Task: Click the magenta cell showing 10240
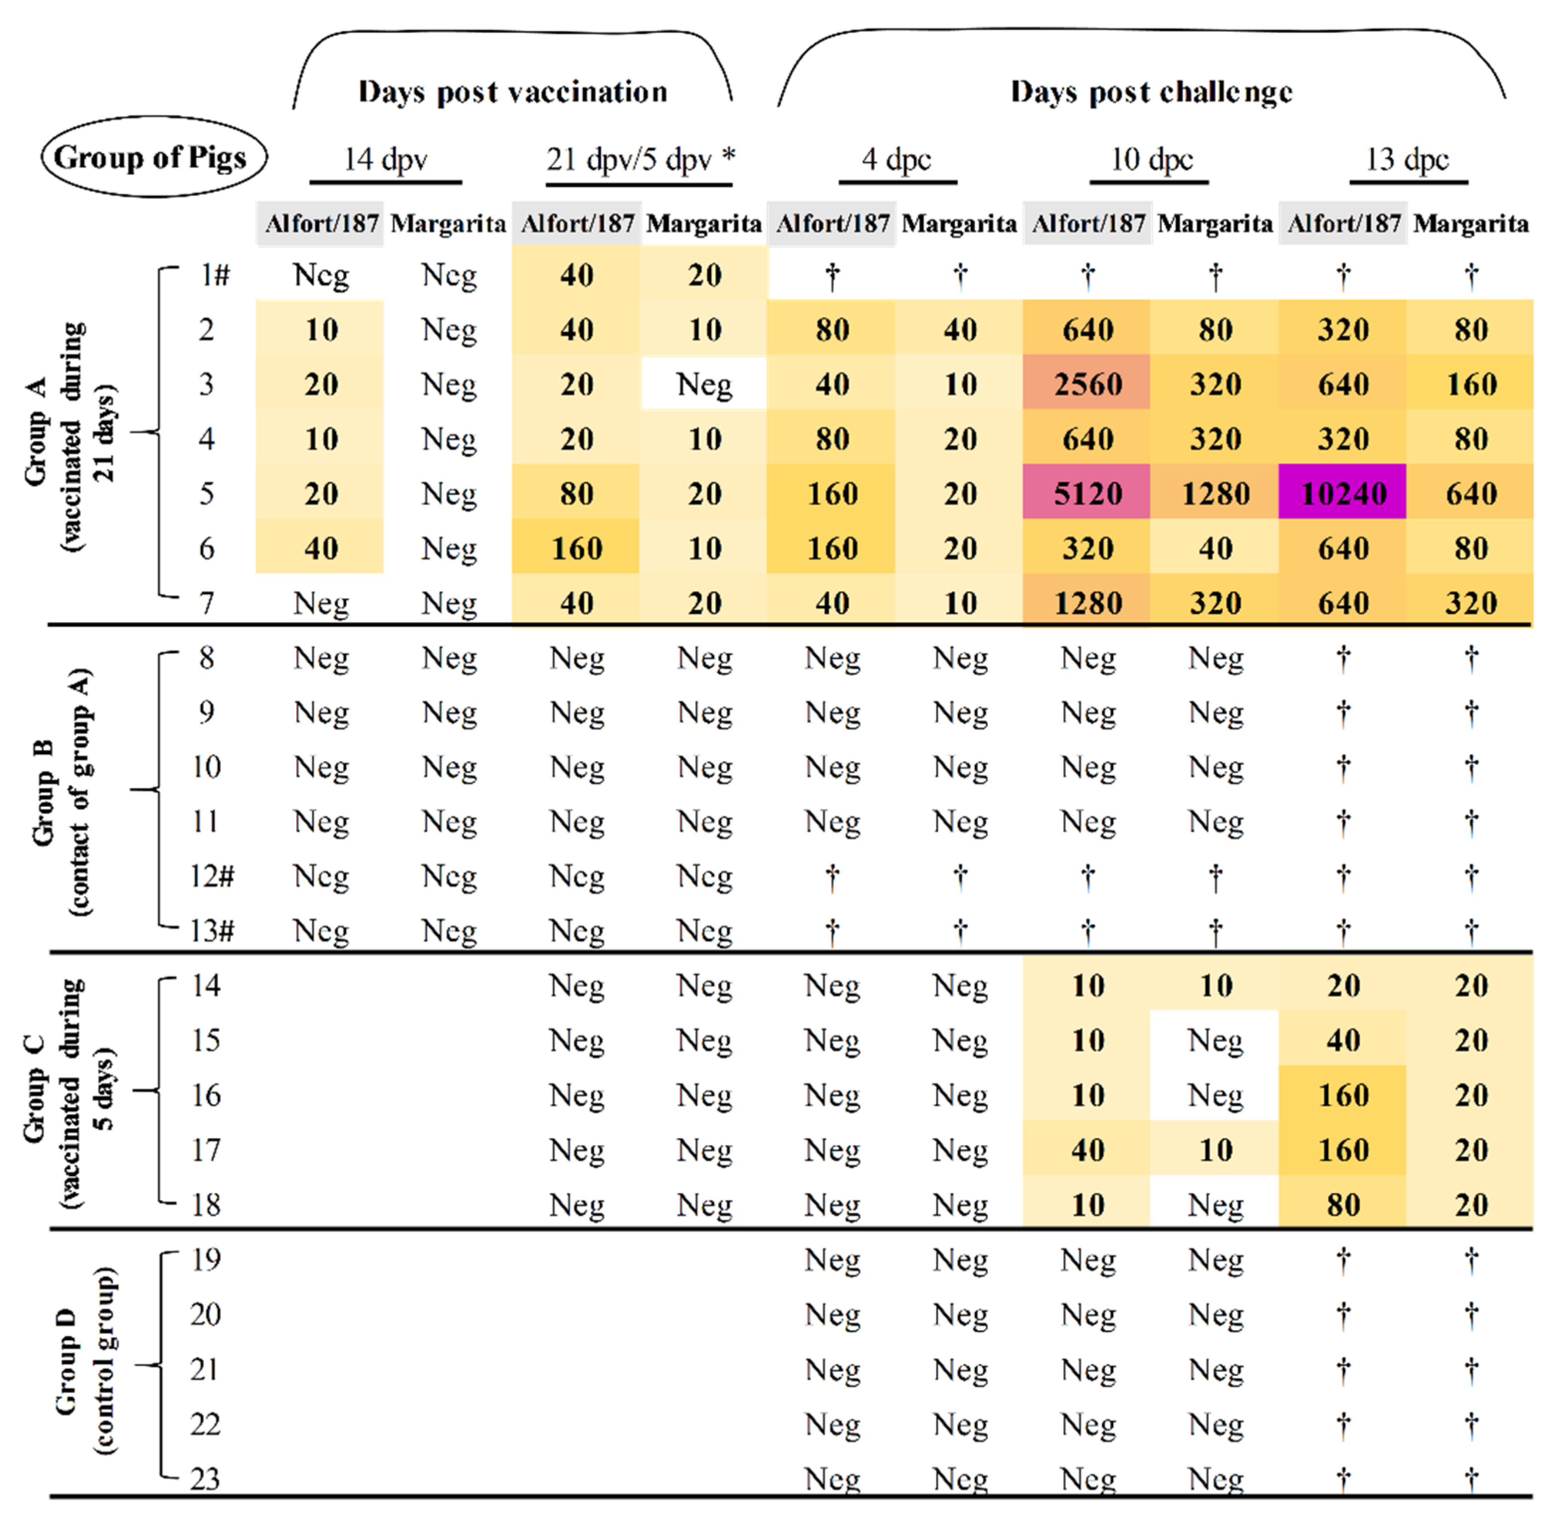[x=1343, y=493]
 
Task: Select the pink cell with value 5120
[x=1087, y=493]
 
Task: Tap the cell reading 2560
[x=1087, y=384]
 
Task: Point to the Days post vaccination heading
[x=512, y=92]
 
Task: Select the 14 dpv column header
[x=385, y=159]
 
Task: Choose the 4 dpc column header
[x=896, y=159]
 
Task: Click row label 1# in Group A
[x=214, y=275]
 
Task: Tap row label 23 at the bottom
[x=204, y=1479]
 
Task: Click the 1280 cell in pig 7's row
[x=1087, y=602]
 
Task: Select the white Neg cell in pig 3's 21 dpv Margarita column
[x=703, y=384]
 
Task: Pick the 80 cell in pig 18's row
[x=1343, y=1205]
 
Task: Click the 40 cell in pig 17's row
[x=1087, y=1151]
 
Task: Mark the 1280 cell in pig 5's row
[x=1215, y=493]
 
